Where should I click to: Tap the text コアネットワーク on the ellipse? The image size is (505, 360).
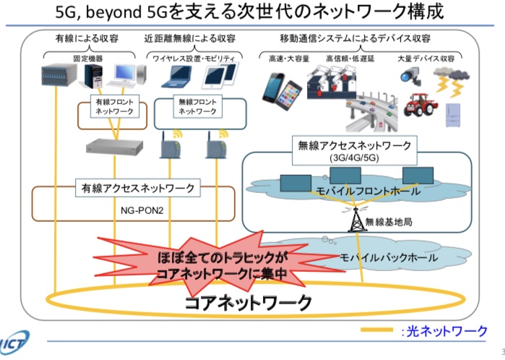tap(249, 301)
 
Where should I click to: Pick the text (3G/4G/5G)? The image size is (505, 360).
tap(353, 158)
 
